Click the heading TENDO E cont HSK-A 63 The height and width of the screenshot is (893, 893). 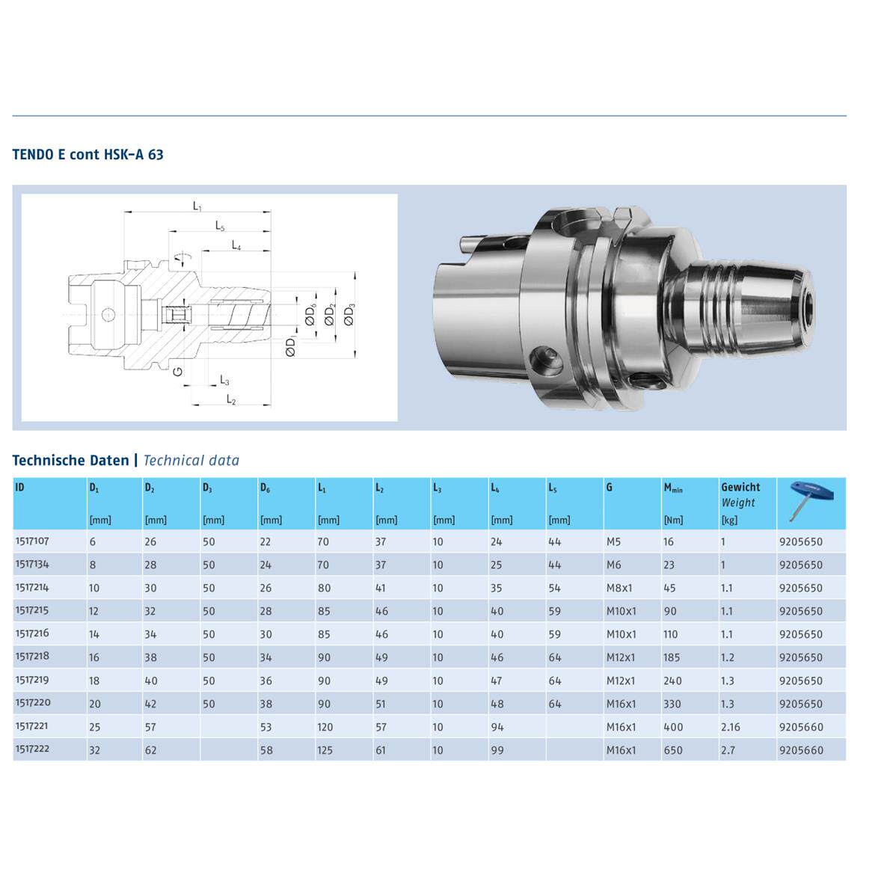click(x=88, y=154)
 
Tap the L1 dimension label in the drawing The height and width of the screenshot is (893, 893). click(x=197, y=206)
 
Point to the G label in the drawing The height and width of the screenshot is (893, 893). click(x=178, y=371)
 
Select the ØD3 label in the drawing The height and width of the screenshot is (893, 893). click(x=349, y=314)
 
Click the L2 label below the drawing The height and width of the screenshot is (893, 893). click(x=231, y=399)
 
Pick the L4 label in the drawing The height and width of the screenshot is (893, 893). click(x=236, y=245)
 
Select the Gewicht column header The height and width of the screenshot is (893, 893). click(x=740, y=487)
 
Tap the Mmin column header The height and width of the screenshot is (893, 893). click(x=673, y=488)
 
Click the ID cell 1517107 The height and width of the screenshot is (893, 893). click(x=32, y=541)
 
